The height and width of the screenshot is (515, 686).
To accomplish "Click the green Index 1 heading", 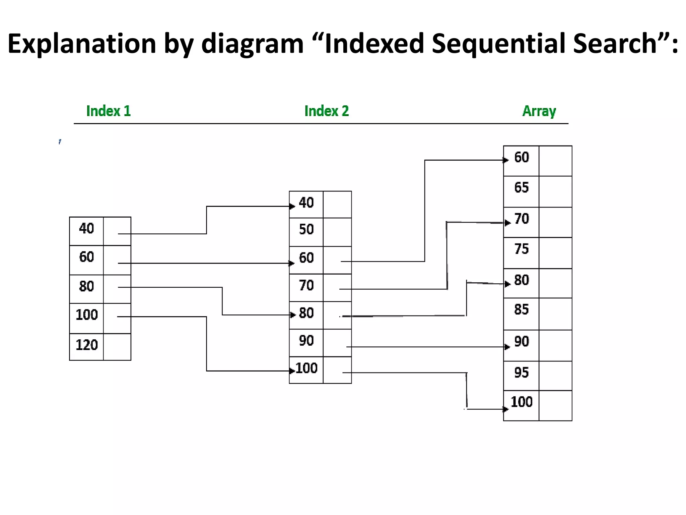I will click(108, 111).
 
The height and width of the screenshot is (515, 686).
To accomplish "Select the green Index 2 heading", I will click(326, 111).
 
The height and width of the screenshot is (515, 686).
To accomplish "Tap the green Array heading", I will click(539, 111).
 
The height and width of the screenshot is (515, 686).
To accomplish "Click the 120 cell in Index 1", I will click(86, 345).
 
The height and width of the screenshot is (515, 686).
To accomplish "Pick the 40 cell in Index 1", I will click(86, 229).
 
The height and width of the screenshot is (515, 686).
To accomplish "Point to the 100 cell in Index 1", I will click(86, 315).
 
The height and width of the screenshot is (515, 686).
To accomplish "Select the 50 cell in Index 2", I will click(306, 230).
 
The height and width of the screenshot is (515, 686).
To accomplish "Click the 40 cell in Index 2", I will click(306, 203).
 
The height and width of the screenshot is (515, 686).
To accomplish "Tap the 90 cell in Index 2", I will click(306, 341).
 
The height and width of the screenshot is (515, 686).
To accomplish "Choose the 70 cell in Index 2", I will click(306, 286).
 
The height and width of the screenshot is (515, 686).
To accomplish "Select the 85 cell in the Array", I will click(521, 310).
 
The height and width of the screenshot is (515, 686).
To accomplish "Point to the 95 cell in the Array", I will click(521, 373).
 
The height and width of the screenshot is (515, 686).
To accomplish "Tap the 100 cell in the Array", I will click(521, 402).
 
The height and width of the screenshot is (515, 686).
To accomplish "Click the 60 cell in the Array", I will click(521, 158).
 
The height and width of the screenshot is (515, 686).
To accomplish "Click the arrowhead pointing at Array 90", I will click(507, 347).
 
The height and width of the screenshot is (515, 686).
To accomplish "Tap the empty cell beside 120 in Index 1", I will click(117, 347).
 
